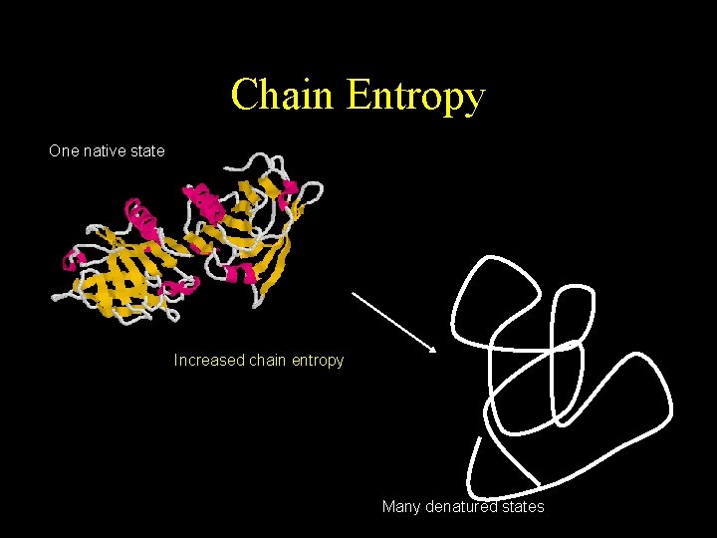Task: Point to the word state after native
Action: pos(146,151)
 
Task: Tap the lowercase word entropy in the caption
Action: pos(319,361)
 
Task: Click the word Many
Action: pos(401,507)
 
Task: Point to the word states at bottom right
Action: pos(523,507)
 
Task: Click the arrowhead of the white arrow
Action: pos(432,349)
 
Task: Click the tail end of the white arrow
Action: pos(355,294)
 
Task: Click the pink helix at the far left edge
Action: pos(71,261)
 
